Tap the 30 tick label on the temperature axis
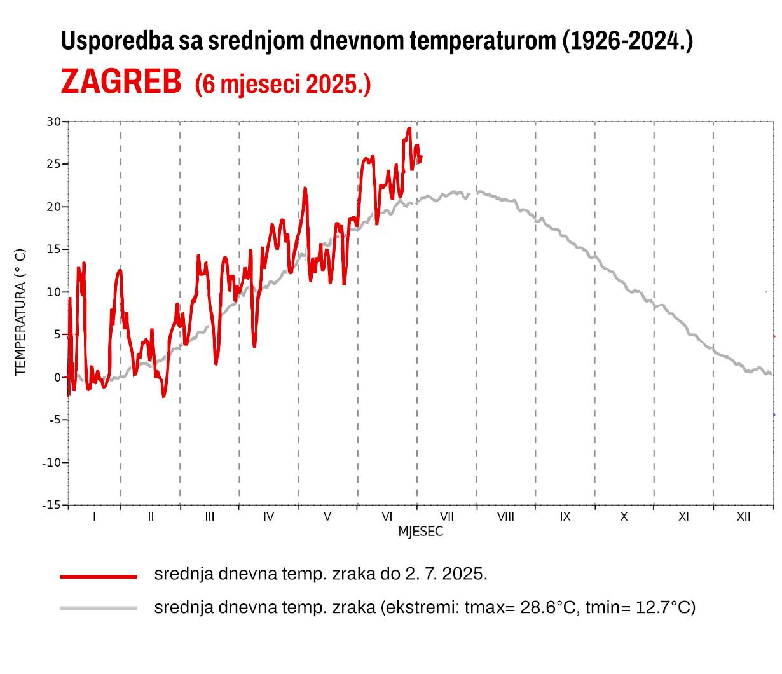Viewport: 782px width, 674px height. (53, 121)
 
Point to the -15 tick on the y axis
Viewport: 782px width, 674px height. (51, 505)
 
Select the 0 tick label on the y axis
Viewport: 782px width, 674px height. (57, 377)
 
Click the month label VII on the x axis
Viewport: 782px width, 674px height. (446, 517)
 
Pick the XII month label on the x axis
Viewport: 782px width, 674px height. (743, 517)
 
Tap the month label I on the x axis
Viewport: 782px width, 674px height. (94, 517)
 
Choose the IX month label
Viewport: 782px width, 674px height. (565, 517)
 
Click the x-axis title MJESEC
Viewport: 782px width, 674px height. (420, 532)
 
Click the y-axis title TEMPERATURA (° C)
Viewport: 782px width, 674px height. (20, 312)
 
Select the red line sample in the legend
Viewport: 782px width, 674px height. (99, 576)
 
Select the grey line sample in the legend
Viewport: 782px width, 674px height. (99, 609)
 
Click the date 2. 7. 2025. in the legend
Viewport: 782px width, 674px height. (446, 574)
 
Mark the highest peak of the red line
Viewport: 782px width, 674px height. (409, 128)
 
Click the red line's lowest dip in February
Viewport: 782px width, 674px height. (163, 396)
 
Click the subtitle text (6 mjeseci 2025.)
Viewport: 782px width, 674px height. (282, 83)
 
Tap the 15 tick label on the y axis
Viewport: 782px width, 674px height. (53, 249)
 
